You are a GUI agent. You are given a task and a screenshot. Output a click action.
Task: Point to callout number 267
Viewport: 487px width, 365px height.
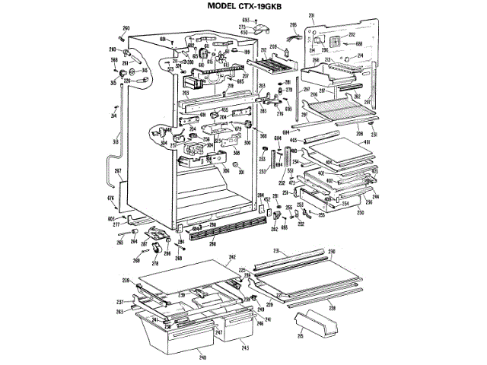(x=118, y=171)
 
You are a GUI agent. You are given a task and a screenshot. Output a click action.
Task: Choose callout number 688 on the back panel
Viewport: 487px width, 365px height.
(x=358, y=45)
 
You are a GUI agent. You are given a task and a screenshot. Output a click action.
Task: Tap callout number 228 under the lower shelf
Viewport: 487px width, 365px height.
(x=331, y=307)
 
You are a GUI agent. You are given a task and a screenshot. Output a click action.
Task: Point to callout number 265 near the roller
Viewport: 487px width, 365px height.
(x=119, y=242)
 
